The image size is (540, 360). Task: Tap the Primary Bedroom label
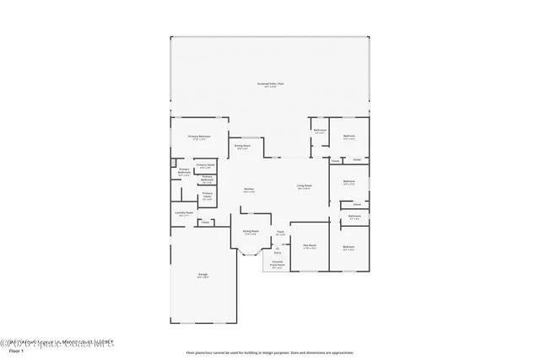point(199,136)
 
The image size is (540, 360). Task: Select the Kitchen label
point(249,189)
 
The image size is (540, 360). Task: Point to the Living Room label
point(305,185)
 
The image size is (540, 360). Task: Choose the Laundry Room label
point(184,212)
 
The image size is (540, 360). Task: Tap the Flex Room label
point(309,245)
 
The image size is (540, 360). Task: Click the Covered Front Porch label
point(278,263)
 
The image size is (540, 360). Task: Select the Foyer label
point(279,232)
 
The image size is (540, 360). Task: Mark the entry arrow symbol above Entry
point(277,247)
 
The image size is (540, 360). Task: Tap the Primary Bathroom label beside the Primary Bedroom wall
point(184,171)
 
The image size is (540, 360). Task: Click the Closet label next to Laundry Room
point(205,223)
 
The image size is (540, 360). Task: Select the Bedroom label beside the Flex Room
point(348,246)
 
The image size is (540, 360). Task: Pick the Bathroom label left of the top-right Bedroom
point(320,131)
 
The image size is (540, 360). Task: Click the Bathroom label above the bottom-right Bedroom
point(355,216)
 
